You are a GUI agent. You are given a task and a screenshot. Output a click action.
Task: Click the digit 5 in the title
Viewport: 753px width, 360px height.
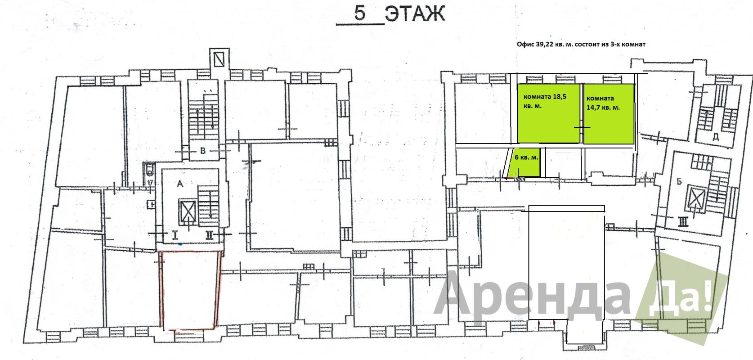click(360, 13)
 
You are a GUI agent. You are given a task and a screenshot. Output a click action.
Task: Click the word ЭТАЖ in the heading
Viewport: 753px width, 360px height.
click(415, 14)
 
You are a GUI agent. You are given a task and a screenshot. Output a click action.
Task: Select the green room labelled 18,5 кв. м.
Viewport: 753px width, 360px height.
click(548, 113)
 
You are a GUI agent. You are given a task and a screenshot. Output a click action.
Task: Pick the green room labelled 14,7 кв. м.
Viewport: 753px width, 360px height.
click(609, 114)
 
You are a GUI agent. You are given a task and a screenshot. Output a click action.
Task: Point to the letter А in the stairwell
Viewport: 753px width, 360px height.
click(180, 184)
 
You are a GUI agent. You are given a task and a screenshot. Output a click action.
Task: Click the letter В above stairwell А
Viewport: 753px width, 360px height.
click(203, 151)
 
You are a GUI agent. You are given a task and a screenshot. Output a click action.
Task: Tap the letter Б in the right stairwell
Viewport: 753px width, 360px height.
click(679, 182)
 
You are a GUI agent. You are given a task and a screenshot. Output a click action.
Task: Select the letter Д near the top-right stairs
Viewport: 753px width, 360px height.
click(716, 137)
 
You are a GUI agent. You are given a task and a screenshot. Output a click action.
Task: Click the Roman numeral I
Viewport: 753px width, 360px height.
click(175, 235)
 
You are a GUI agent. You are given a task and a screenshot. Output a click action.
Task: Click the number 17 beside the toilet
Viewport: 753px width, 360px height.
click(150, 182)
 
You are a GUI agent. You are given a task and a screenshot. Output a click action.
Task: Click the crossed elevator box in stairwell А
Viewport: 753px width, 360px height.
click(188, 211)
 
